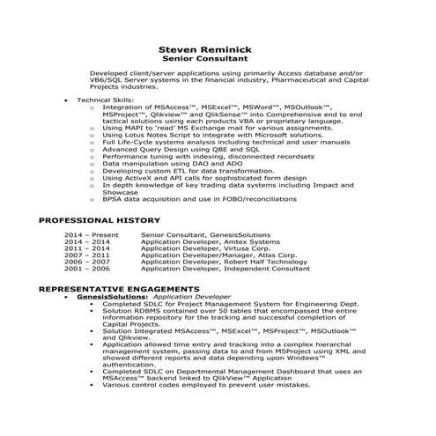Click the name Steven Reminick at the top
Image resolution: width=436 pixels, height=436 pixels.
click(217, 49)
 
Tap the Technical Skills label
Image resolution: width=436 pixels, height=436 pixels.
click(105, 101)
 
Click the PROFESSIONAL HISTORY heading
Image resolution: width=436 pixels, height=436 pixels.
click(100, 219)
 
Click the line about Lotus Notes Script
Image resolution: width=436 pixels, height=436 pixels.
click(199, 135)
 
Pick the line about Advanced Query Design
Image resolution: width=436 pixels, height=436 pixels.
click(181, 149)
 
